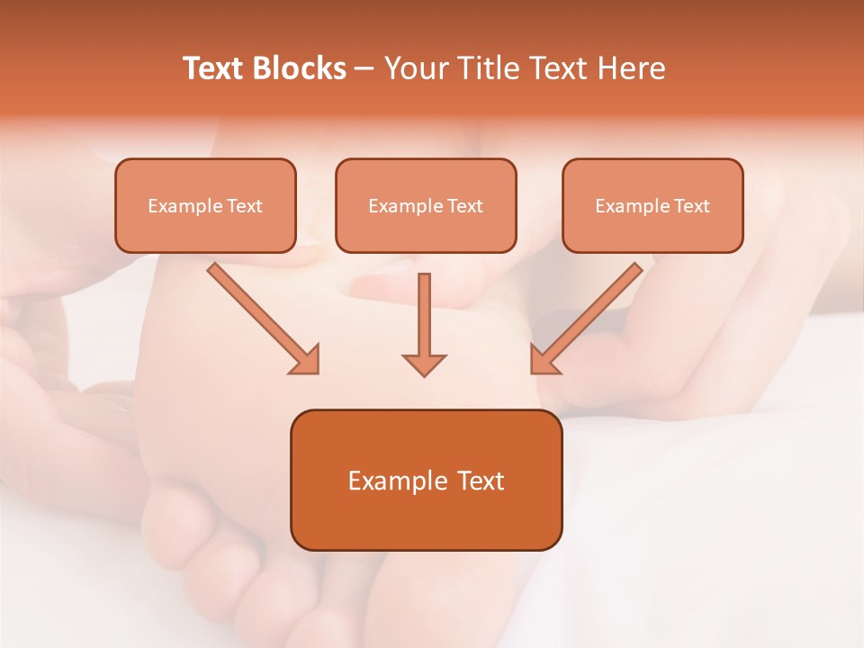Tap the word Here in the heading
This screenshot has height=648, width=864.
(631, 68)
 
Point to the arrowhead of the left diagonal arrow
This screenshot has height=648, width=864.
(306, 361)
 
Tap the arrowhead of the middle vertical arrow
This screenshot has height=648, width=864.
(424, 364)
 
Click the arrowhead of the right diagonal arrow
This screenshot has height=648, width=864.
(544, 361)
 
